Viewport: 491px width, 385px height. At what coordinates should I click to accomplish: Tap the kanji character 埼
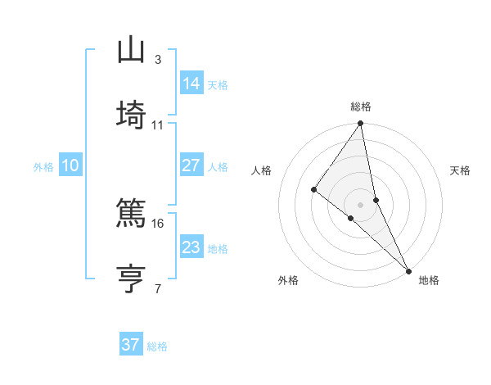131,115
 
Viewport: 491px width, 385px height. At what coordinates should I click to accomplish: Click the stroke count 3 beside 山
158,60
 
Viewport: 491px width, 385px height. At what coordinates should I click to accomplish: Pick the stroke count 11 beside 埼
158,125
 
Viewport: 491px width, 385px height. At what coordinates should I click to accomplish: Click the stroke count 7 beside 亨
158,288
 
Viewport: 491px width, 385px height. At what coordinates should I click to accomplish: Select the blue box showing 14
191,84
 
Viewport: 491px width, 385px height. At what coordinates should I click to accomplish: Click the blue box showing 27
191,165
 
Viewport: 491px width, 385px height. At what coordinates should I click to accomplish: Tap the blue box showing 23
191,247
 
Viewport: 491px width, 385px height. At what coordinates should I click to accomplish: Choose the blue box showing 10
70,165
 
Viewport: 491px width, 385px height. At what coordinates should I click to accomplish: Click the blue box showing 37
131,345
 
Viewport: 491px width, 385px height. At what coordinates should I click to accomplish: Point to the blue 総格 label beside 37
157,346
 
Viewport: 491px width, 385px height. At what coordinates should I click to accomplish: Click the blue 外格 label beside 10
43,167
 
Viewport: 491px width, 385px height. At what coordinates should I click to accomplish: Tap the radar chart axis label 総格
361,106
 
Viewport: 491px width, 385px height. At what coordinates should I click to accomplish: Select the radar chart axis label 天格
460,170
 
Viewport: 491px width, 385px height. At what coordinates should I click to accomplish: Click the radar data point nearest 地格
408,269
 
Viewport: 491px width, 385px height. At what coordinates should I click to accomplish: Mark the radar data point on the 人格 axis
313,189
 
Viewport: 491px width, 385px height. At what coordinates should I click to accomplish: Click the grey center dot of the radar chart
361,204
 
